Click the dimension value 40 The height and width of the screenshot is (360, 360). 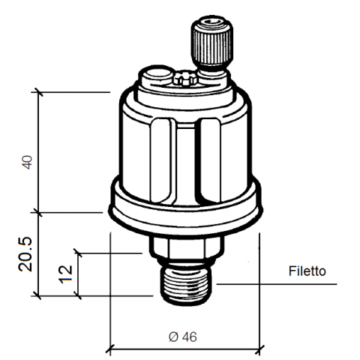28,162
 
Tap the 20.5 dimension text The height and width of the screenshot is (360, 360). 25,254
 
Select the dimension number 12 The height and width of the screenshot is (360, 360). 65,274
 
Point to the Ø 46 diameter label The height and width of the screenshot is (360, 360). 183,337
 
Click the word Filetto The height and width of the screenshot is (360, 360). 307,271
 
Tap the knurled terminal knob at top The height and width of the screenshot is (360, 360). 212,43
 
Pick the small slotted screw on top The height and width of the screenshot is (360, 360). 184,79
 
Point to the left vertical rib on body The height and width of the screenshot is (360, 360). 161,160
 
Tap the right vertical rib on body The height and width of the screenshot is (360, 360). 211,160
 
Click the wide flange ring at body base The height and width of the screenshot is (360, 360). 186,208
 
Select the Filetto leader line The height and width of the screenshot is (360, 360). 277,284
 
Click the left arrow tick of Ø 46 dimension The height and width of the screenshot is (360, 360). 110,349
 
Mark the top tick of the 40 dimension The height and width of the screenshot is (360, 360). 38,92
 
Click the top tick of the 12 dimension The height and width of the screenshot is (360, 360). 78,253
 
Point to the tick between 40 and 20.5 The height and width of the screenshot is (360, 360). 38,212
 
